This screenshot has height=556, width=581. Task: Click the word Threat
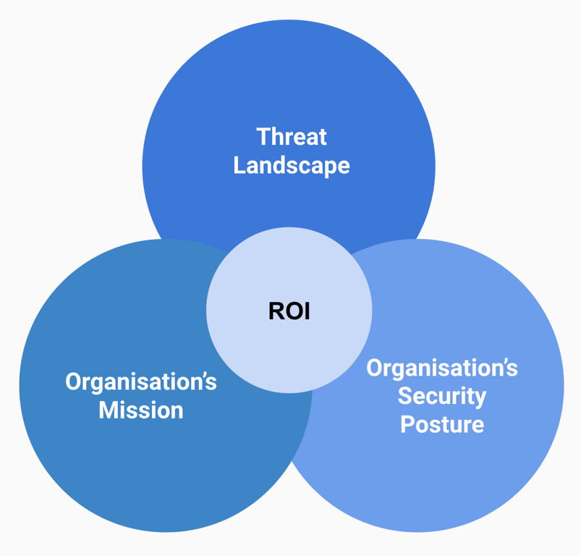292,136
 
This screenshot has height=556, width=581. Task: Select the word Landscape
292,166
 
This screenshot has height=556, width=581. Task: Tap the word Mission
141,410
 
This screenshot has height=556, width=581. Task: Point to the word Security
442,396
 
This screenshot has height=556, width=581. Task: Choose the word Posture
442,424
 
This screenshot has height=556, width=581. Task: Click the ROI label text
289,311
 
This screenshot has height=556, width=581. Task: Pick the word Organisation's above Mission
141,382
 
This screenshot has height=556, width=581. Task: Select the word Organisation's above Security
442,368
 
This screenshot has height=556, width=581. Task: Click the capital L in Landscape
239,166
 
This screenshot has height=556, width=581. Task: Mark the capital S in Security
405,396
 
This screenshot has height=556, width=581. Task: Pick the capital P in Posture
407,424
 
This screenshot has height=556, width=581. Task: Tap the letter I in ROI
307,311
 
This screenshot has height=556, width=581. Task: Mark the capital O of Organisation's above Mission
73,382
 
